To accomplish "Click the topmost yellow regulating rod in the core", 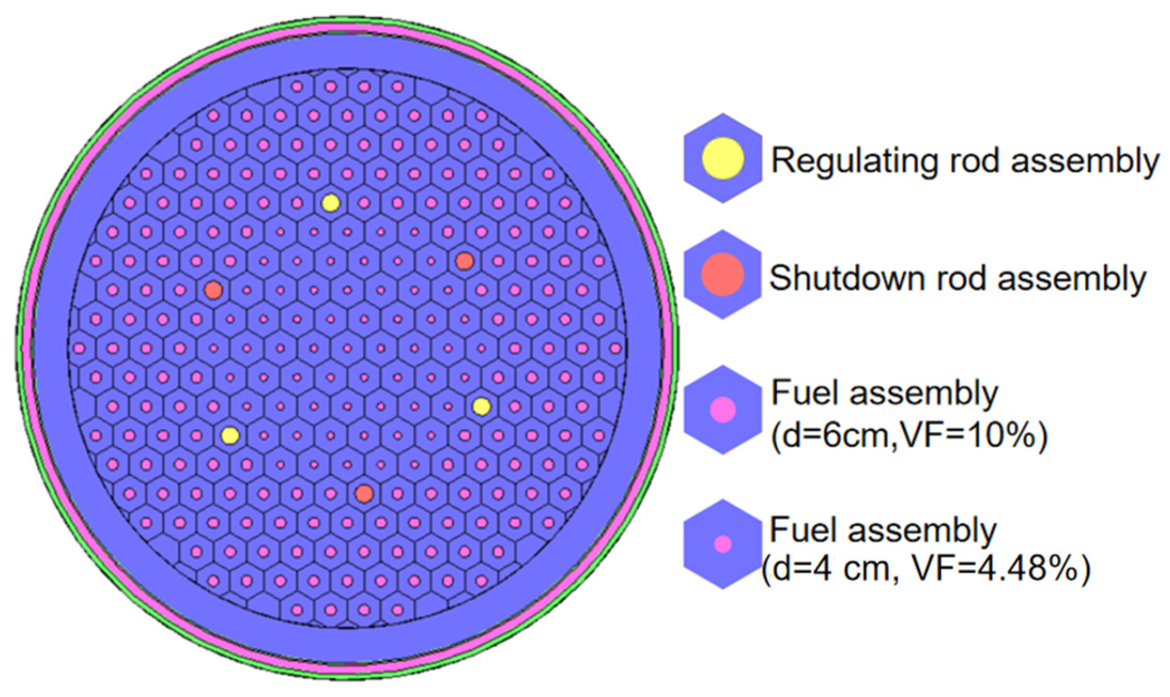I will click(331, 203).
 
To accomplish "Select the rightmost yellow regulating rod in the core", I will click(482, 407).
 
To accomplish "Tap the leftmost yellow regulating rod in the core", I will click(230, 435).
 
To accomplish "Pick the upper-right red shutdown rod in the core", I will click(465, 261).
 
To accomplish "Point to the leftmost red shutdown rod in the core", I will click(213, 290).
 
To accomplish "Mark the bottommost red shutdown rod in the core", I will click(364, 494).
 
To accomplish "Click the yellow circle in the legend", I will click(723, 158).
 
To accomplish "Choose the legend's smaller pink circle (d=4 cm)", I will click(723, 544).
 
